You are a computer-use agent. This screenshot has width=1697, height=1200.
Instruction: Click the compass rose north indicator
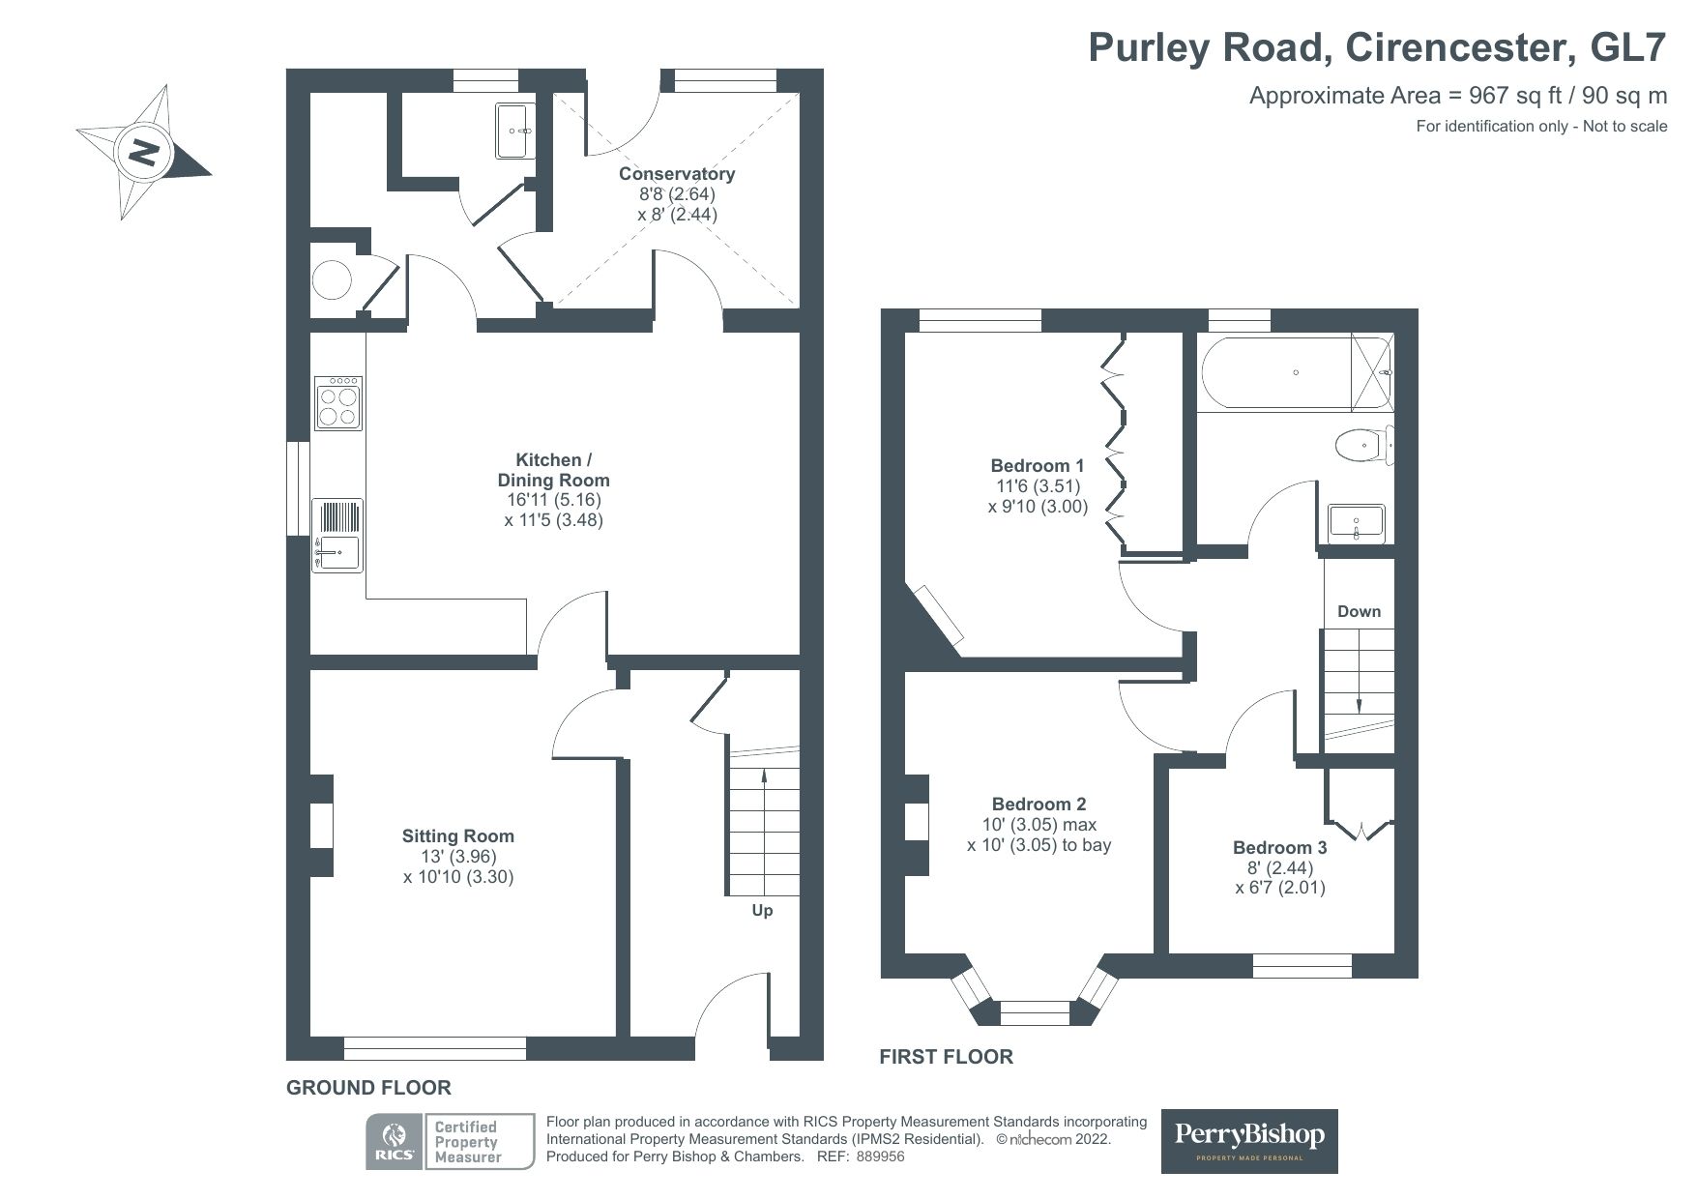[144, 153]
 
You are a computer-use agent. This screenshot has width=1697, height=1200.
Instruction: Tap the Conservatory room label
[677, 174]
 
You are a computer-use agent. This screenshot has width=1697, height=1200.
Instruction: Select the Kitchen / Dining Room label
[553, 470]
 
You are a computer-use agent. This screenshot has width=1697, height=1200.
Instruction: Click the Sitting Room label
[458, 836]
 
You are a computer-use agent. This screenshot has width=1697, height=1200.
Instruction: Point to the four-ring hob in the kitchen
[337, 401]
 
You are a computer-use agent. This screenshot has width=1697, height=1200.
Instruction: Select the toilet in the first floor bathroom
[1363, 446]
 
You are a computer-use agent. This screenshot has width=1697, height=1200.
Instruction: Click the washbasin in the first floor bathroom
[1356, 523]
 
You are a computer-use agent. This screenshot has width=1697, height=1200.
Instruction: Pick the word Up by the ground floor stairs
[762, 911]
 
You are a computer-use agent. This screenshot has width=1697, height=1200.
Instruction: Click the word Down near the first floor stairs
[1359, 611]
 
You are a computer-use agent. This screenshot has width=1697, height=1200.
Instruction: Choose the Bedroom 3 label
[1279, 848]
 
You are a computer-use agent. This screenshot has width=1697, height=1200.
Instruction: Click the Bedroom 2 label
[1039, 805]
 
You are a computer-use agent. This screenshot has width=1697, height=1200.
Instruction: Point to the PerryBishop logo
[1249, 1141]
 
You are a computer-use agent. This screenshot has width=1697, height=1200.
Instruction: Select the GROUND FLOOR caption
[368, 1088]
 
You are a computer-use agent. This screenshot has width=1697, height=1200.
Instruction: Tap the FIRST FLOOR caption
[946, 1057]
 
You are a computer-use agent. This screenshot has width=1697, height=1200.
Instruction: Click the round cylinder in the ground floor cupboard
[332, 281]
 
